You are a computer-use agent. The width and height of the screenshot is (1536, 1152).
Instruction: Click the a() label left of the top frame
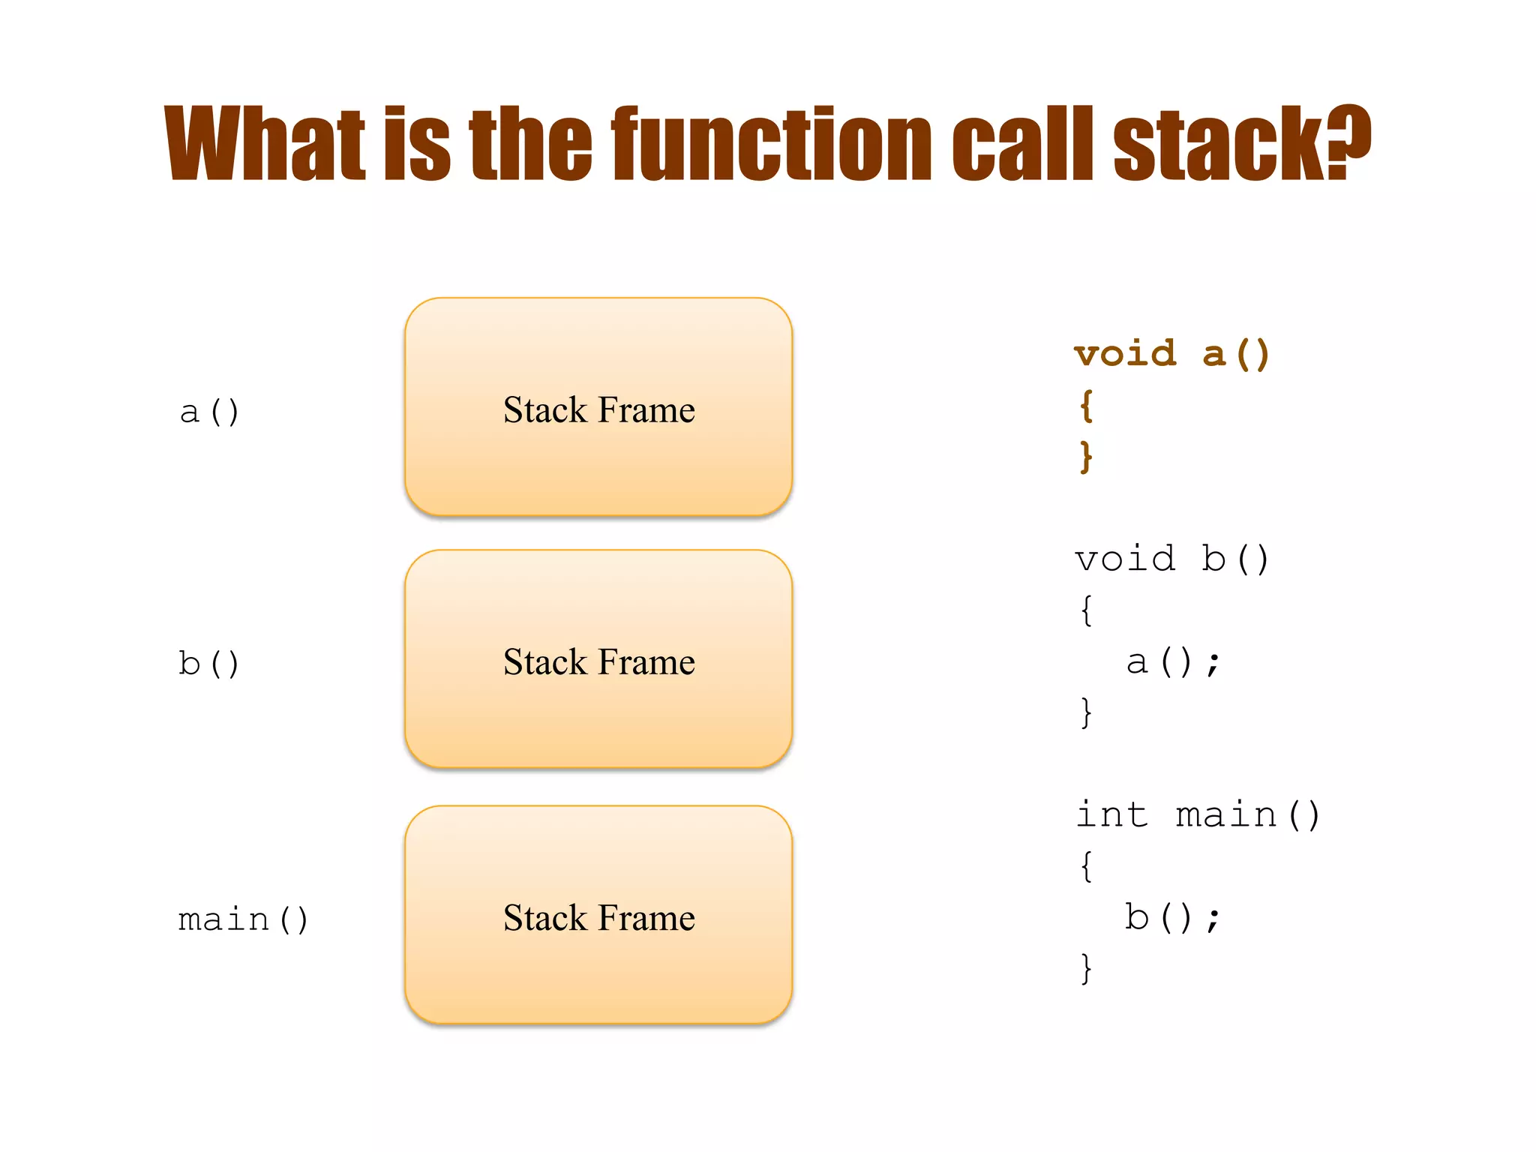click(209, 412)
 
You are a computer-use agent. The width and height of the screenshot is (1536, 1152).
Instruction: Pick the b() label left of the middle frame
click(208, 664)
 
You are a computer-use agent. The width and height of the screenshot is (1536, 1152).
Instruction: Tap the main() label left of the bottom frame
click(243, 919)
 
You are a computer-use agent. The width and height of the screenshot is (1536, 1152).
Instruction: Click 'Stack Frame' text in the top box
click(598, 409)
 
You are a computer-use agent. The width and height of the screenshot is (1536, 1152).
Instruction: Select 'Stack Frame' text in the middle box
click(598, 661)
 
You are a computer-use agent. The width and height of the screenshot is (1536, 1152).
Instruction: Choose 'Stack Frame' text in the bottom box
click(598, 917)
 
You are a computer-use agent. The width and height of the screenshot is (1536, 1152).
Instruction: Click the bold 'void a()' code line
click(1171, 353)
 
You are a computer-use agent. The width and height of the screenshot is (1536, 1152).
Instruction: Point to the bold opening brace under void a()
click(1086, 406)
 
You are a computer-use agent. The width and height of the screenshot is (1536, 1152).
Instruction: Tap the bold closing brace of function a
click(1086, 456)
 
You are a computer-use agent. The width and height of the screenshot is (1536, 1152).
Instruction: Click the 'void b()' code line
click(1171, 559)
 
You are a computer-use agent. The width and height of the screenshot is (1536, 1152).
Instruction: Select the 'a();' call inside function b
click(1173, 662)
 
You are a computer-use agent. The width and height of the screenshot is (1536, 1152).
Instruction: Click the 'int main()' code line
click(1197, 814)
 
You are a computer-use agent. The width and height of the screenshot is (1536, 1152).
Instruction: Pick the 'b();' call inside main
click(1172, 917)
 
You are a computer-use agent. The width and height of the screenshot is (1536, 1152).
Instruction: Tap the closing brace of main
click(1086, 967)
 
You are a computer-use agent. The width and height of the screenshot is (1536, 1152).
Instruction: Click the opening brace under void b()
click(1086, 610)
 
